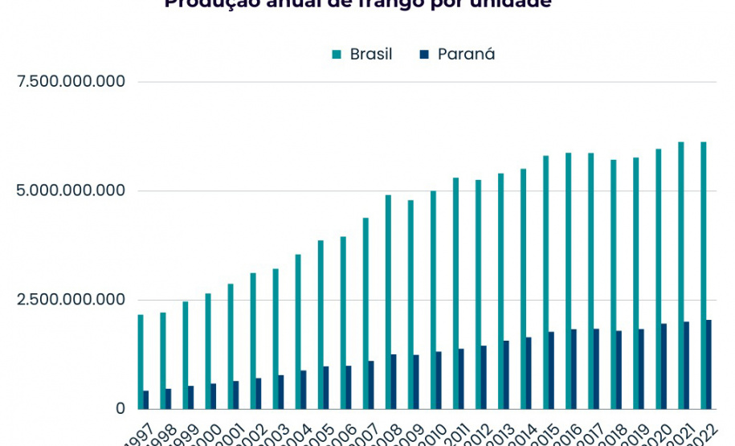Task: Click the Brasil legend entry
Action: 370,55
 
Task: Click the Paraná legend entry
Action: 466,55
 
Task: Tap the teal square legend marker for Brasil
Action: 337,55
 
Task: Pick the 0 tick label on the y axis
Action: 120,408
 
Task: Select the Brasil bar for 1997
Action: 141,362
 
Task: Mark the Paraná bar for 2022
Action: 708,364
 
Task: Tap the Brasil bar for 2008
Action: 388,301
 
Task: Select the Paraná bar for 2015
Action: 551,370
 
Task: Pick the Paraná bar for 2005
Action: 326,387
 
